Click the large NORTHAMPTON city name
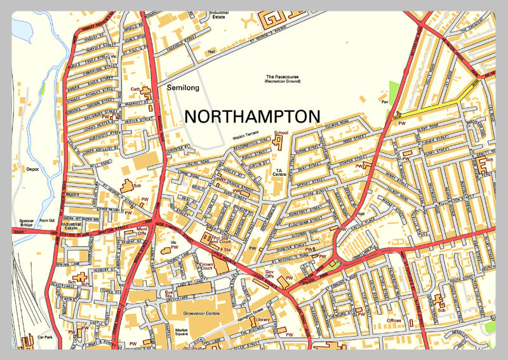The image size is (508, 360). [x=251, y=117]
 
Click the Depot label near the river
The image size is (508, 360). [x=32, y=170]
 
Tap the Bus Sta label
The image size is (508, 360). [x=170, y=294]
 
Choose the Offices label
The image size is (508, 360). [x=393, y=320]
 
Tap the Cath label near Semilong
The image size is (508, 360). [x=135, y=90]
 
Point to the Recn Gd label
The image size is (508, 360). [x=46, y=221]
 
